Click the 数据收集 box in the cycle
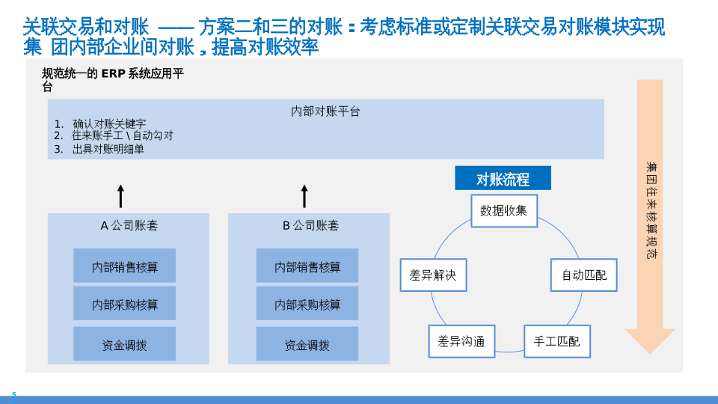click(x=503, y=211)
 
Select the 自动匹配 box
click(x=584, y=275)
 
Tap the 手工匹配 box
click(x=556, y=341)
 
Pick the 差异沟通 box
click(x=461, y=342)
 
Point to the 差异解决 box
click(x=433, y=275)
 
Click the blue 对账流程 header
click(x=503, y=180)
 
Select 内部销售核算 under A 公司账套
click(x=124, y=266)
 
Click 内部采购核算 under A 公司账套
click(x=124, y=304)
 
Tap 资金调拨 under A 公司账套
click(x=124, y=344)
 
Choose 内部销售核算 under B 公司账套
click(x=307, y=266)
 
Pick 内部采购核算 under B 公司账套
click(x=307, y=304)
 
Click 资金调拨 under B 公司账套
click(x=307, y=344)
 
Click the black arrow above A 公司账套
click(x=121, y=196)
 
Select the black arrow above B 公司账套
click(x=304, y=196)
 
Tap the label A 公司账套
click(x=129, y=225)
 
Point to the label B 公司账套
click(x=310, y=225)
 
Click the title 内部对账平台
click(x=325, y=111)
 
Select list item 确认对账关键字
click(x=109, y=123)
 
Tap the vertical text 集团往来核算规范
click(x=651, y=211)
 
